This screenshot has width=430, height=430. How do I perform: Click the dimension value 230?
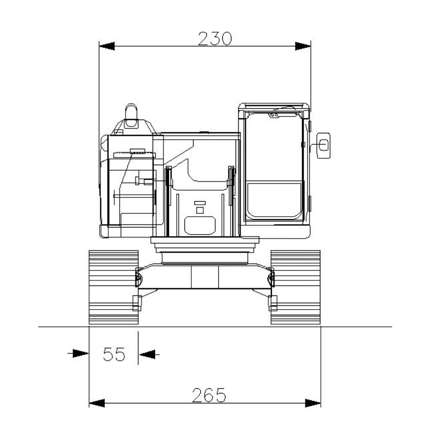[x=215, y=39]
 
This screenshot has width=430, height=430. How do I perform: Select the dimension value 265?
[x=209, y=395]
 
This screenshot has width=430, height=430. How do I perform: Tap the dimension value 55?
[x=114, y=354]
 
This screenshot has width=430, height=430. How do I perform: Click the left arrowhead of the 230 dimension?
[x=107, y=46]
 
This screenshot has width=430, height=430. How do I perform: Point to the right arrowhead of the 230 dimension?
[x=303, y=46]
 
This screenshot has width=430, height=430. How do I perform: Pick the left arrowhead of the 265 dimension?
[x=97, y=403]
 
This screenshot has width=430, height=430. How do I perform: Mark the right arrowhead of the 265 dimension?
[x=313, y=403]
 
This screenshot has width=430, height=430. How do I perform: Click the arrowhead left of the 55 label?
[x=81, y=353]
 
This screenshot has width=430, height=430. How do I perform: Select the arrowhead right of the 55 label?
[x=147, y=354]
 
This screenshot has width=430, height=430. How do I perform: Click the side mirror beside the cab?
[x=324, y=145]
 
